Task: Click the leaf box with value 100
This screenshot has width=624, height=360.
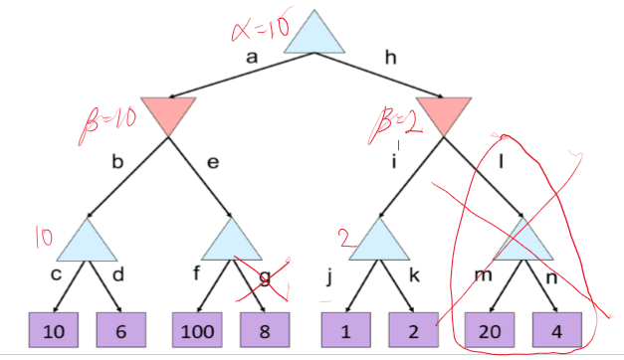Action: pos(197,328)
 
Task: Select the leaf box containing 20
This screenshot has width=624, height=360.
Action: pos(491,328)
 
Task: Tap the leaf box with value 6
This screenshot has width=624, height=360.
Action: pos(121,328)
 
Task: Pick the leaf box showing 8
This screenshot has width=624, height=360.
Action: pos(265,328)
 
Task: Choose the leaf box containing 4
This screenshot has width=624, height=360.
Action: pos(558,328)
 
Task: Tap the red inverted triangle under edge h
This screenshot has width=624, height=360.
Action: pos(443,113)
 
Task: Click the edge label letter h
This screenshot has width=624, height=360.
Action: pos(391,60)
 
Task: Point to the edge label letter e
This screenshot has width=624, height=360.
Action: pos(212,160)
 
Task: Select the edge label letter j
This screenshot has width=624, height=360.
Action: pos(328,277)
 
